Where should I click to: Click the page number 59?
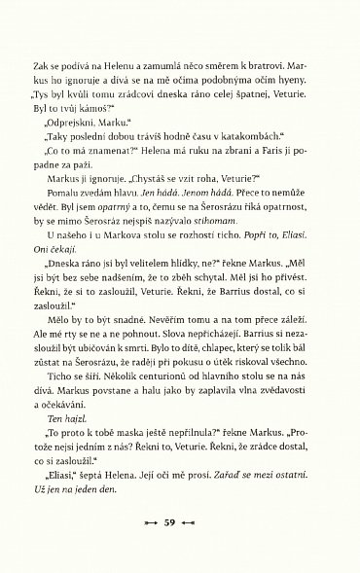(x=179, y=524)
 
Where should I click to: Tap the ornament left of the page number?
(x=152, y=524)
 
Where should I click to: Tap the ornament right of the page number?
(x=206, y=524)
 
